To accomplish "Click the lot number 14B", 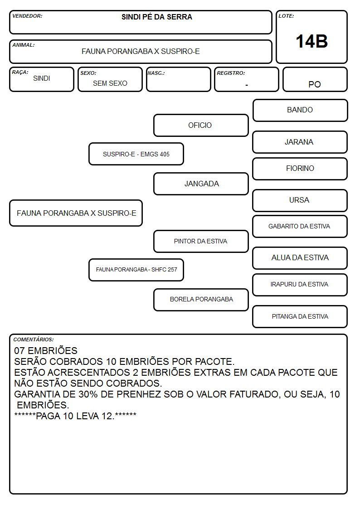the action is tap(311, 41).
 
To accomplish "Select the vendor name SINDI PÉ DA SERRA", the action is tap(157, 17).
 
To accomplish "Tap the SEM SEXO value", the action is tap(110, 83).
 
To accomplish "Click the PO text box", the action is tap(315, 79).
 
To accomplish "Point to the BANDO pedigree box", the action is tap(300, 111).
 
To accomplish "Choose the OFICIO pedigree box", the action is tap(201, 125).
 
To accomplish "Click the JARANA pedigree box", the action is tap(300, 142).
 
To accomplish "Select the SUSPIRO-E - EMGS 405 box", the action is tap(136, 154).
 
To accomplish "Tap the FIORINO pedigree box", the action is tap(300, 169).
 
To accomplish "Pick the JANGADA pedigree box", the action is tap(201, 184).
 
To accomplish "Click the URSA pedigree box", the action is tap(300, 201).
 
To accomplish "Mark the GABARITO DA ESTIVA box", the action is tap(300, 227).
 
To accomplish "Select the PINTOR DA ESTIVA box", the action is tap(201, 241).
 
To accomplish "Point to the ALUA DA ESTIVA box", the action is tap(300, 258).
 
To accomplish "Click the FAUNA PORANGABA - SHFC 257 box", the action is tap(136, 270).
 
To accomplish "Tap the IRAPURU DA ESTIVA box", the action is tap(300, 285).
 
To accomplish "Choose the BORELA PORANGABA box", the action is tap(201, 300).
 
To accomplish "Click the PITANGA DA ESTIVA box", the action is tap(300, 316).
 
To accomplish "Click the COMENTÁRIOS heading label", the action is tap(34, 339).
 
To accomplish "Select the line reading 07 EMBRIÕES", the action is tap(46, 350).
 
